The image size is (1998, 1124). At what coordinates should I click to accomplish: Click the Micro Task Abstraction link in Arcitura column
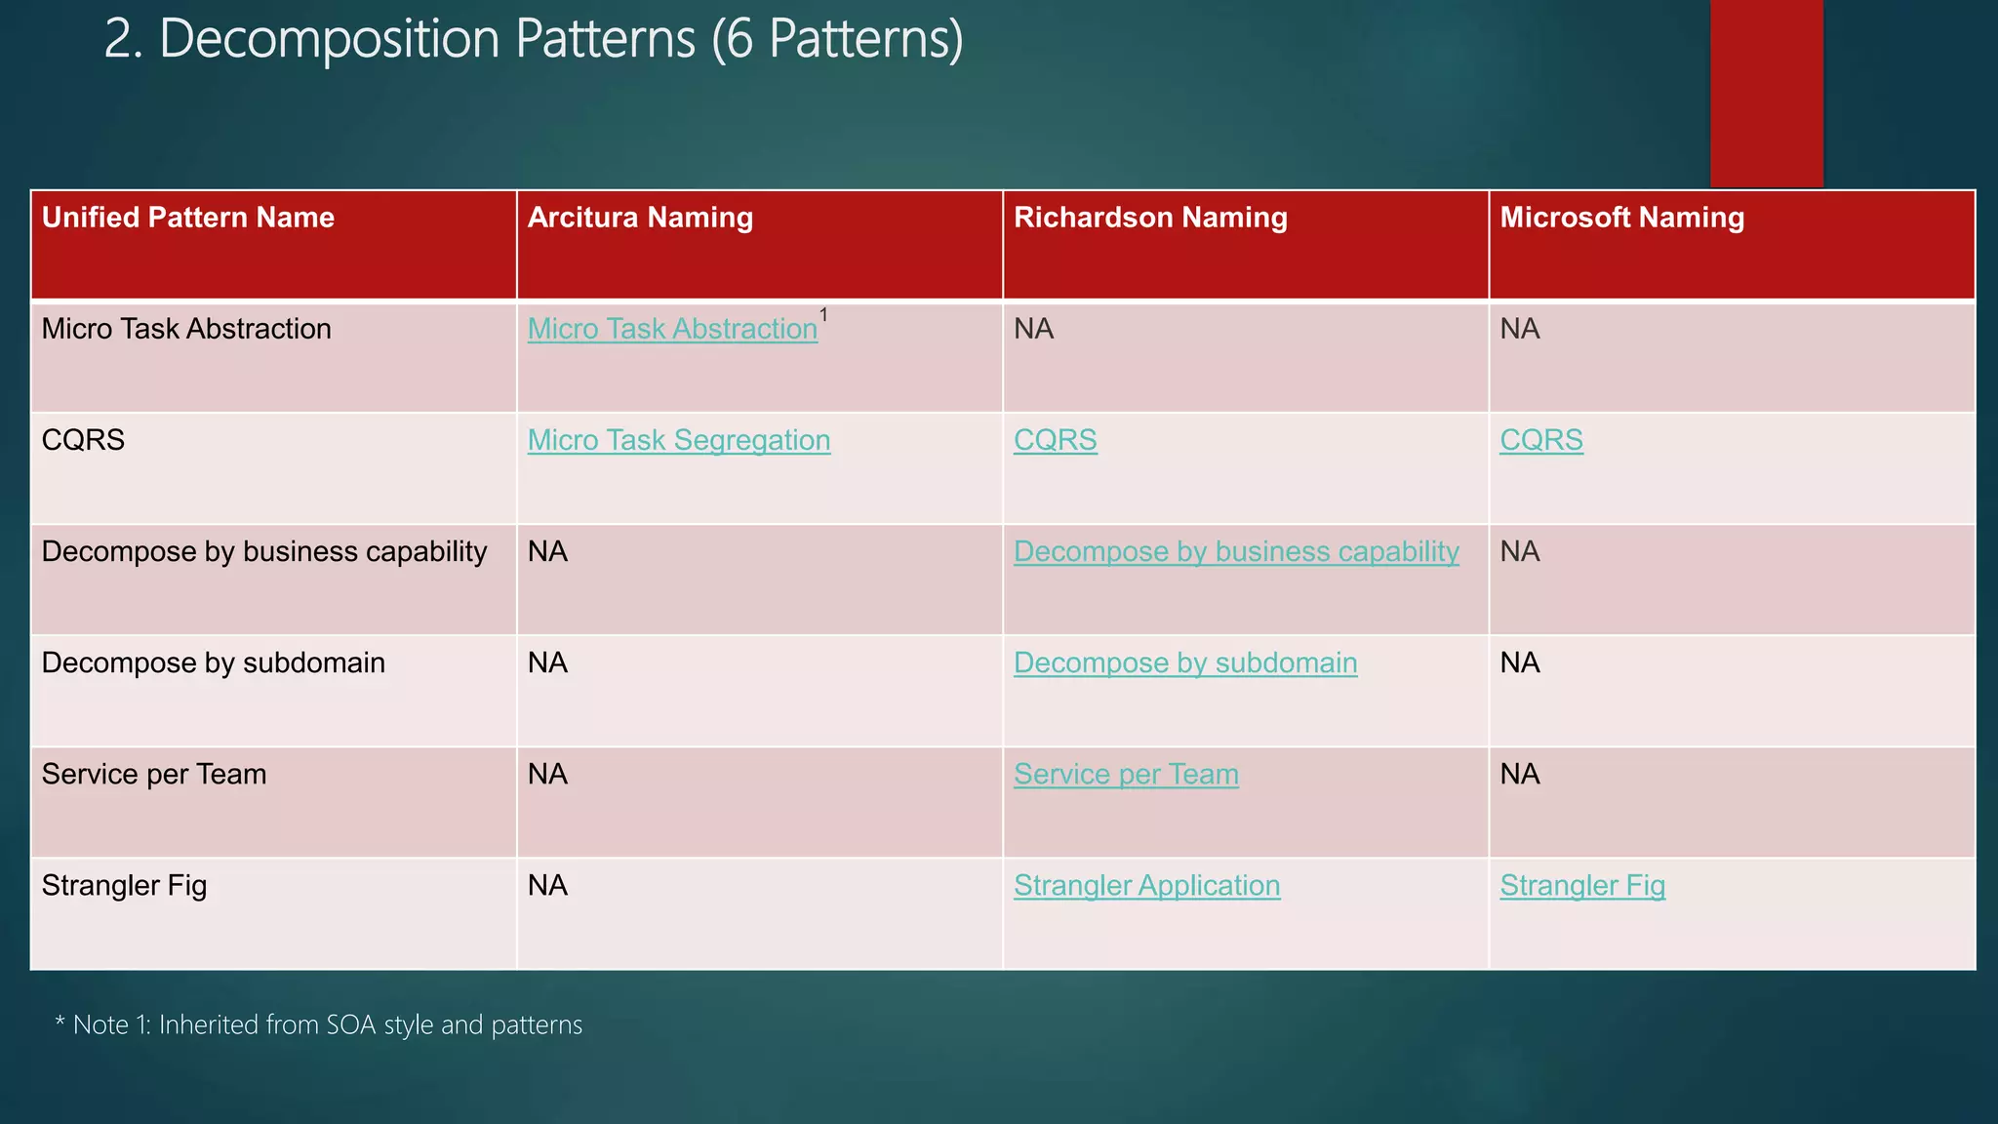[672, 330]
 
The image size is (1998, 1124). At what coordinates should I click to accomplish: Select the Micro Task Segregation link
[678, 441]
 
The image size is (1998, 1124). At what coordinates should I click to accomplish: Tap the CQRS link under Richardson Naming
[1055, 441]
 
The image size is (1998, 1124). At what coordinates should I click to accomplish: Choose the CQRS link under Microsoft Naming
[1540, 441]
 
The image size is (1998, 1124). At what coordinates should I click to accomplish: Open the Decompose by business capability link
[1236, 552]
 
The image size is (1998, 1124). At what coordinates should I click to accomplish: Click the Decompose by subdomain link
[1184, 663]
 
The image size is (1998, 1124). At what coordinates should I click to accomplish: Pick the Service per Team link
[1126, 775]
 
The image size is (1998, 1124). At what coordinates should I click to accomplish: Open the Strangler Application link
[1146, 886]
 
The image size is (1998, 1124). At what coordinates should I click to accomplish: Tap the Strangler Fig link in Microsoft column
[1581, 886]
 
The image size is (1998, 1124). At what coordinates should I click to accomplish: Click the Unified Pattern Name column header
[188, 218]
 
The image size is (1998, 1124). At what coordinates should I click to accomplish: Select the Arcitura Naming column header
[640, 218]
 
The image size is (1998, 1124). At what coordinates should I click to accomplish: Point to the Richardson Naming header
[1150, 218]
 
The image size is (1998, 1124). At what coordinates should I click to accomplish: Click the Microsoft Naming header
[1621, 218]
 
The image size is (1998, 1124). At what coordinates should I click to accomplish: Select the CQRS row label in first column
[84, 441]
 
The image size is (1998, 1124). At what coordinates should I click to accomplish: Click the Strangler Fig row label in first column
[124, 886]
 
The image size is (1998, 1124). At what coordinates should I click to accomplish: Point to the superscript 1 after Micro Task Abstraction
[824, 315]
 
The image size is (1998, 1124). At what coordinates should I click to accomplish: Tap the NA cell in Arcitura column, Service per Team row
[547, 775]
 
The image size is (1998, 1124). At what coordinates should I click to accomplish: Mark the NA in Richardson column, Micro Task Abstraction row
[1033, 330]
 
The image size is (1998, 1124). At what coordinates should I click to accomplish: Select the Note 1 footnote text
[319, 1025]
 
